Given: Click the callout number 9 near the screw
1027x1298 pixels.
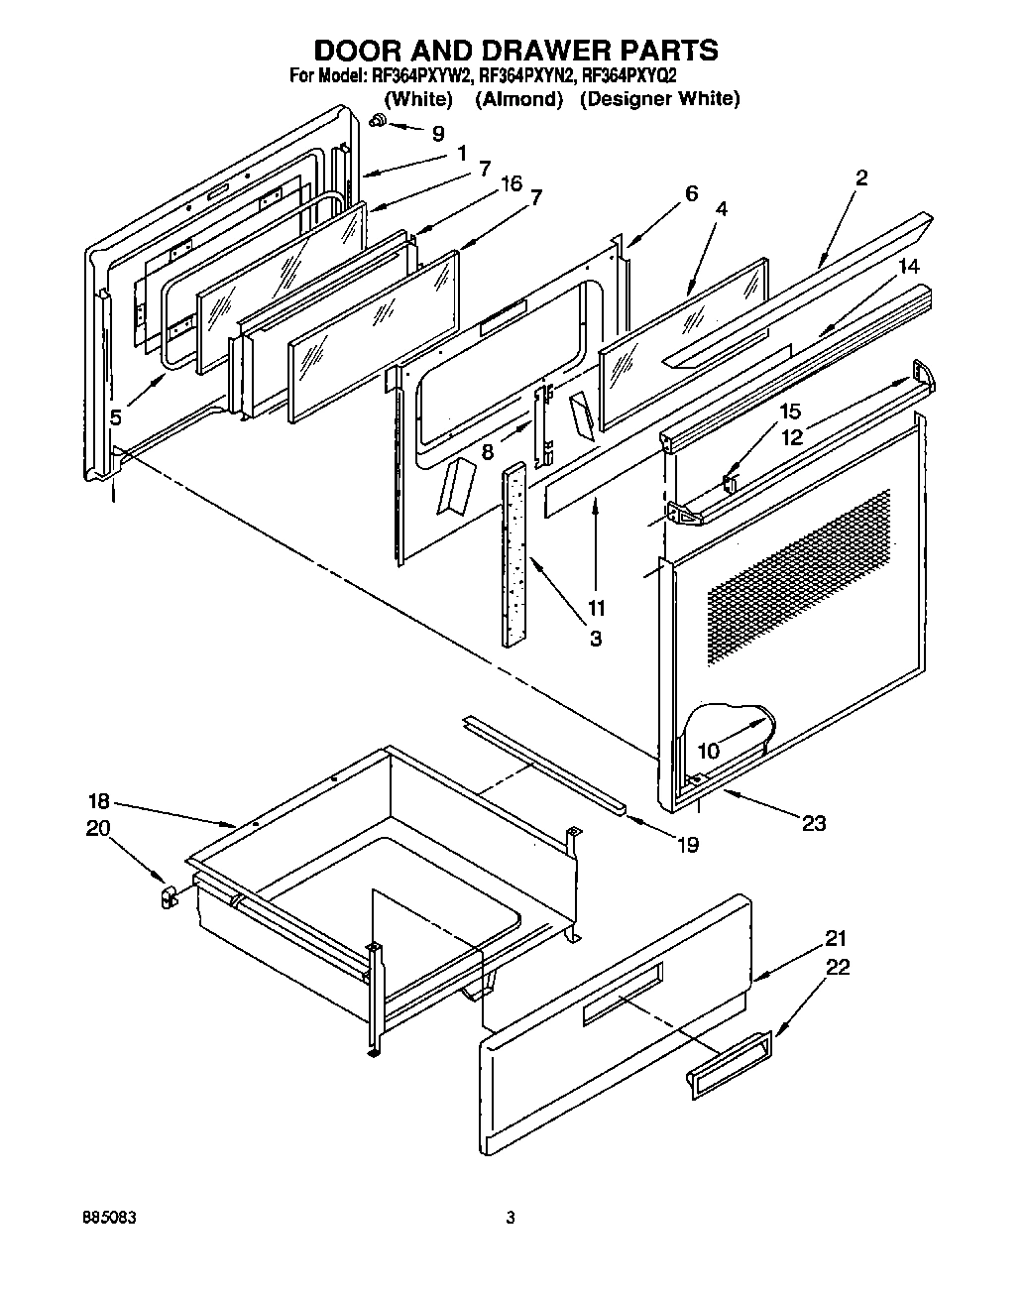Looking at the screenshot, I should tap(438, 132).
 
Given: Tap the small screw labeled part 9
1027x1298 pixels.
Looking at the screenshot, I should tap(379, 121).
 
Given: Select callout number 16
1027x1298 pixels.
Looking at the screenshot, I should tap(511, 183).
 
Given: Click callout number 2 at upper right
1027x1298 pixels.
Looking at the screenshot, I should tap(860, 177).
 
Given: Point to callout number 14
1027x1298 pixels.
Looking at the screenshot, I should tap(909, 266).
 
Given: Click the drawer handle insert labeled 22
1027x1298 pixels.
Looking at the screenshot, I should tap(728, 1065).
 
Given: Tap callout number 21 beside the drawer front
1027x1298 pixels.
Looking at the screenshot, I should tap(838, 938).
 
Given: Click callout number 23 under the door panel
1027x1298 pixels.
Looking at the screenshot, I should tap(813, 822).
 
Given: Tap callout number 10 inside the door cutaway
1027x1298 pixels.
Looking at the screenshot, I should tap(708, 751).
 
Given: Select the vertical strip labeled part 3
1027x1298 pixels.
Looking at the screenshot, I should tap(515, 555).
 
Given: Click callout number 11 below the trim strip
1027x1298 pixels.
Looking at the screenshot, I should tap(597, 608).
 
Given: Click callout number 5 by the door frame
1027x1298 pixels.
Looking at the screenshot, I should tap(116, 417).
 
